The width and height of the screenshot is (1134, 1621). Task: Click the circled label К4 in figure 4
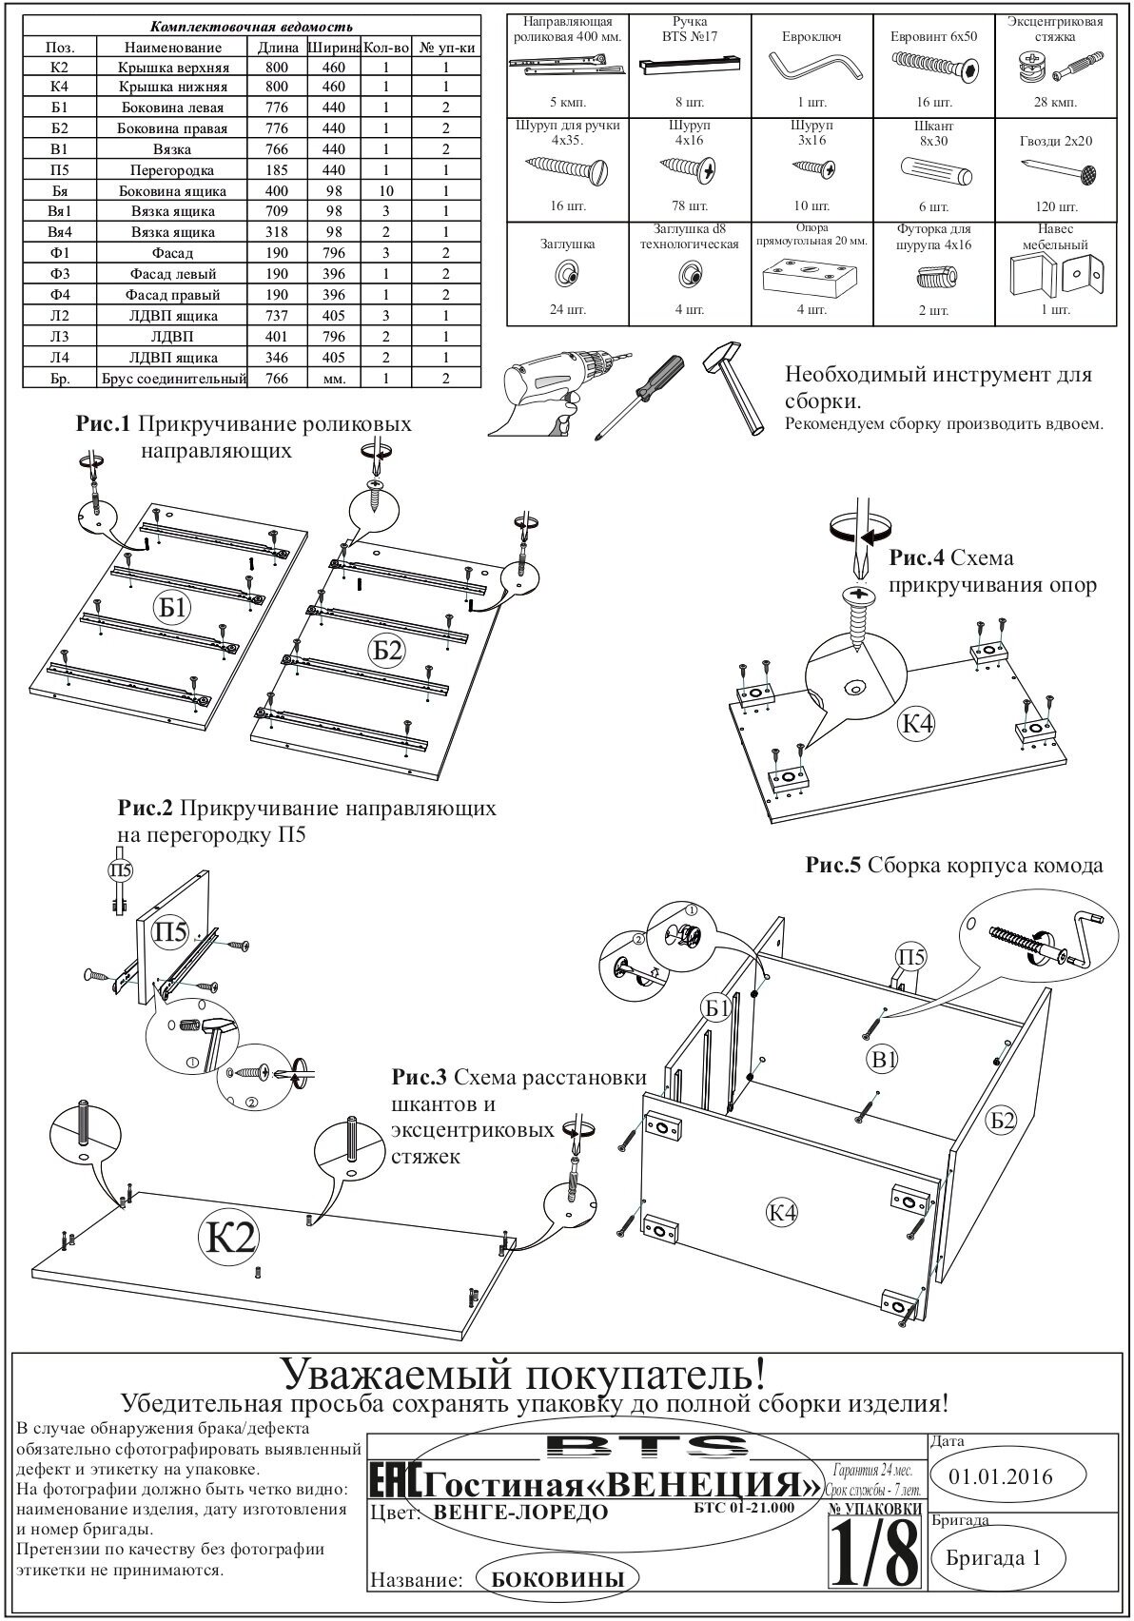pyautogui.click(x=918, y=724)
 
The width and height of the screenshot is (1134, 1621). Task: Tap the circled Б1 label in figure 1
pyautogui.click(x=172, y=608)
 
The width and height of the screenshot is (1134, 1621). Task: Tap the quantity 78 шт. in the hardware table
pyautogui.click(x=688, y=205)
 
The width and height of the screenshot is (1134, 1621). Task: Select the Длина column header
pyautogui.click(x=279, y=47)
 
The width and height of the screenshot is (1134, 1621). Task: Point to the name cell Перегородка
pyautogui.click(x=173, y=170)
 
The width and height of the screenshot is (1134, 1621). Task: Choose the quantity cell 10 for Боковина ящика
pyautogui.click(x=386, y=190)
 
